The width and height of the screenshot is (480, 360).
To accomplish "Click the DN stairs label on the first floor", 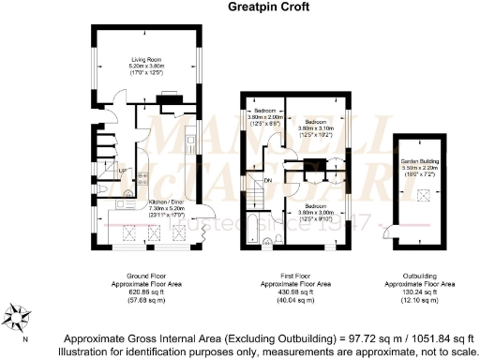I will [267, 180].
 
